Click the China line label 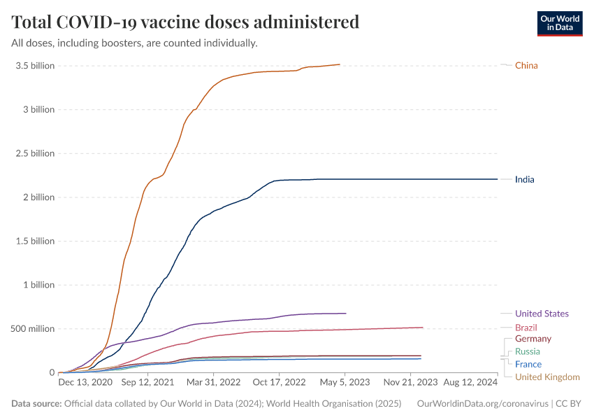coord(526,66)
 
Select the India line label coord(524,180)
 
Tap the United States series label coord(542,314)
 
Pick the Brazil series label coord(526,328)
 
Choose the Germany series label coord(533,339)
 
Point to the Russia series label coord(528,351)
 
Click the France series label coord(528,364)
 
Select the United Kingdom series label coord(547,377)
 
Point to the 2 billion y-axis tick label coord(38,197)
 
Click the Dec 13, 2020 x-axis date coord(85,383)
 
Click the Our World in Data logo coord(559,23)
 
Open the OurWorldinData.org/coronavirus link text coord(481,404)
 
